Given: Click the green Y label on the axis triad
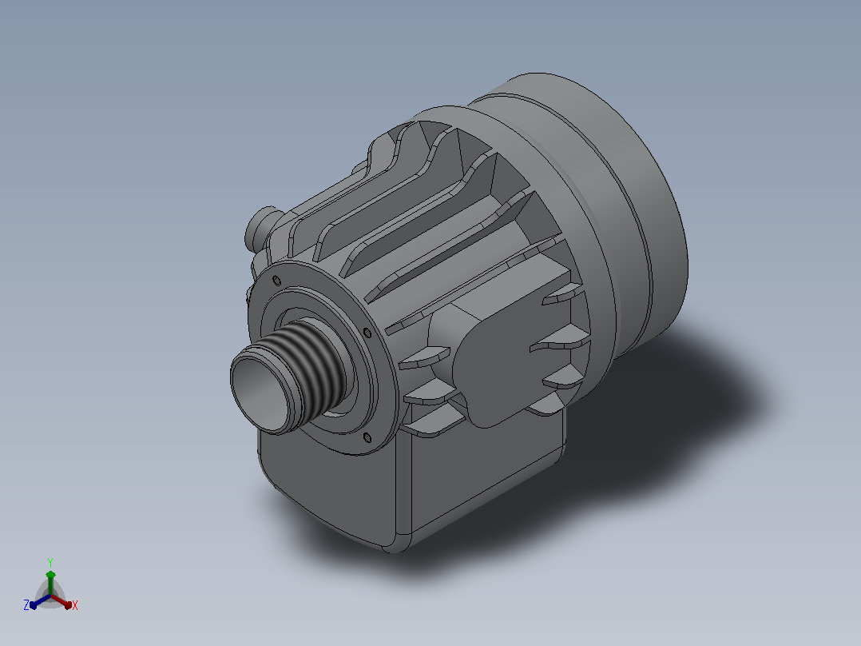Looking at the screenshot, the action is [x=50, y=562].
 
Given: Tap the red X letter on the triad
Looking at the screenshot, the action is [x=75, y=605].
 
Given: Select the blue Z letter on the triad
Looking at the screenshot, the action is [x=26, y=604].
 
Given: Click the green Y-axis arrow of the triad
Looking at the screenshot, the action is [x=50, y=583].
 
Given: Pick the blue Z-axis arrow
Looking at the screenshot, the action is [x=41, y=601].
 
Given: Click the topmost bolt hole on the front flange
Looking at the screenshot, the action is [x=276, y=281].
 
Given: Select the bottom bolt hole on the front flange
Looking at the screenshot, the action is [x=367, y=437].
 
